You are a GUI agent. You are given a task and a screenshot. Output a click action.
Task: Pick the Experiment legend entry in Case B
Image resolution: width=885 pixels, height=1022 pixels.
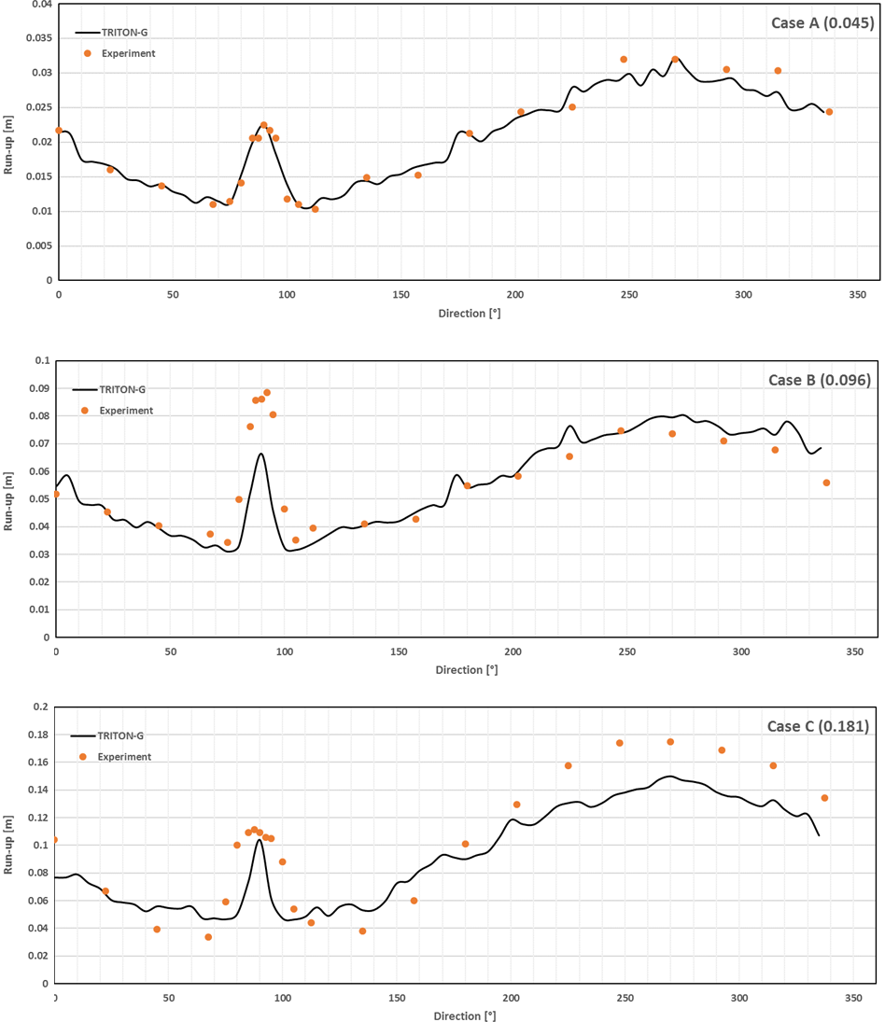pos(126,410)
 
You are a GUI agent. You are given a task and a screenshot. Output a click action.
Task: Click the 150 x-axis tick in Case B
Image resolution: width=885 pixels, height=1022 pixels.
pos(399,652)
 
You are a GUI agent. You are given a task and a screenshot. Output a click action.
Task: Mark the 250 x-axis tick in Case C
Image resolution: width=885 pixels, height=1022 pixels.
pos(625,999)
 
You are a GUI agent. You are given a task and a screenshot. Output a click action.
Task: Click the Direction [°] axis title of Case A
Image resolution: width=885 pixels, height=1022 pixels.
pos(469,314)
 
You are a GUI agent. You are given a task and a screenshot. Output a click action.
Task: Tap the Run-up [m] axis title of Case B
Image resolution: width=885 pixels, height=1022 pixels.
pos(8,501)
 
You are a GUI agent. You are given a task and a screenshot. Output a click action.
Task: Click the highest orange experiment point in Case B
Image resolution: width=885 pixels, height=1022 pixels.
pos(267,393)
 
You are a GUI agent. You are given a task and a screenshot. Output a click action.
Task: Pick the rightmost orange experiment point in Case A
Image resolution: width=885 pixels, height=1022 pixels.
pos(829,112)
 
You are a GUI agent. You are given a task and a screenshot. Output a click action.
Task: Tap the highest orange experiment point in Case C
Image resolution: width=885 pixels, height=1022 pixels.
pos(670,742)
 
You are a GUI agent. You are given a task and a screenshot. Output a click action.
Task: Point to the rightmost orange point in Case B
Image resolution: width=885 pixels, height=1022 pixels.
pos(826,483)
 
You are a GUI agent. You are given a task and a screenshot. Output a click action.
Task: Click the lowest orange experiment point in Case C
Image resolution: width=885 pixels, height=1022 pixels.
pos(208,937)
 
